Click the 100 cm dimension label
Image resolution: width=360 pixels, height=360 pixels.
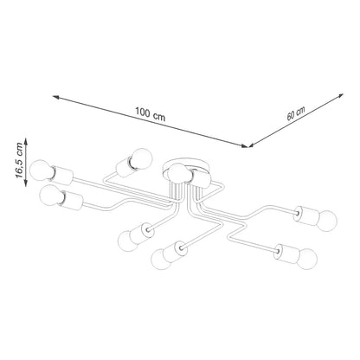point(151,113)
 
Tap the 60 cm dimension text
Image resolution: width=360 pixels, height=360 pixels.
point(296,113)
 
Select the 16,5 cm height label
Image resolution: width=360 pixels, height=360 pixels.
point(20,160)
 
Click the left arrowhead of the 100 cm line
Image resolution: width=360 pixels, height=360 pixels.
point(56,98)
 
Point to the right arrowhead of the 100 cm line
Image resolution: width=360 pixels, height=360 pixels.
point(245,145)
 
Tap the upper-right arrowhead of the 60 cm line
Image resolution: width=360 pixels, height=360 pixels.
point(340,96)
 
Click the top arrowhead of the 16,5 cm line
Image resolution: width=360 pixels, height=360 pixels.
point(26,141)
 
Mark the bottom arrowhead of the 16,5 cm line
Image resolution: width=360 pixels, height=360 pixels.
point(26,183)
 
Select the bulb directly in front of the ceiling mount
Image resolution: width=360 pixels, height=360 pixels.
point(177,174)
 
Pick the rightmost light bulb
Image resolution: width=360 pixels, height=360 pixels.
point(327,221)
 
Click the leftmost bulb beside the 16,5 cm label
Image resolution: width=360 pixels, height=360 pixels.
point(42,170)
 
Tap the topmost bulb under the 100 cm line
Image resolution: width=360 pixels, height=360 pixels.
point(142,158)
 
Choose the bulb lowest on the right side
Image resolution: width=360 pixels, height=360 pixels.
point(307,259)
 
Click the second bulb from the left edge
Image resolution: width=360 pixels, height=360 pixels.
point(51,195)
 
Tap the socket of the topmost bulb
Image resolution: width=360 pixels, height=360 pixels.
point(125,167)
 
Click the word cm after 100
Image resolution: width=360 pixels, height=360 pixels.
point(159,117)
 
